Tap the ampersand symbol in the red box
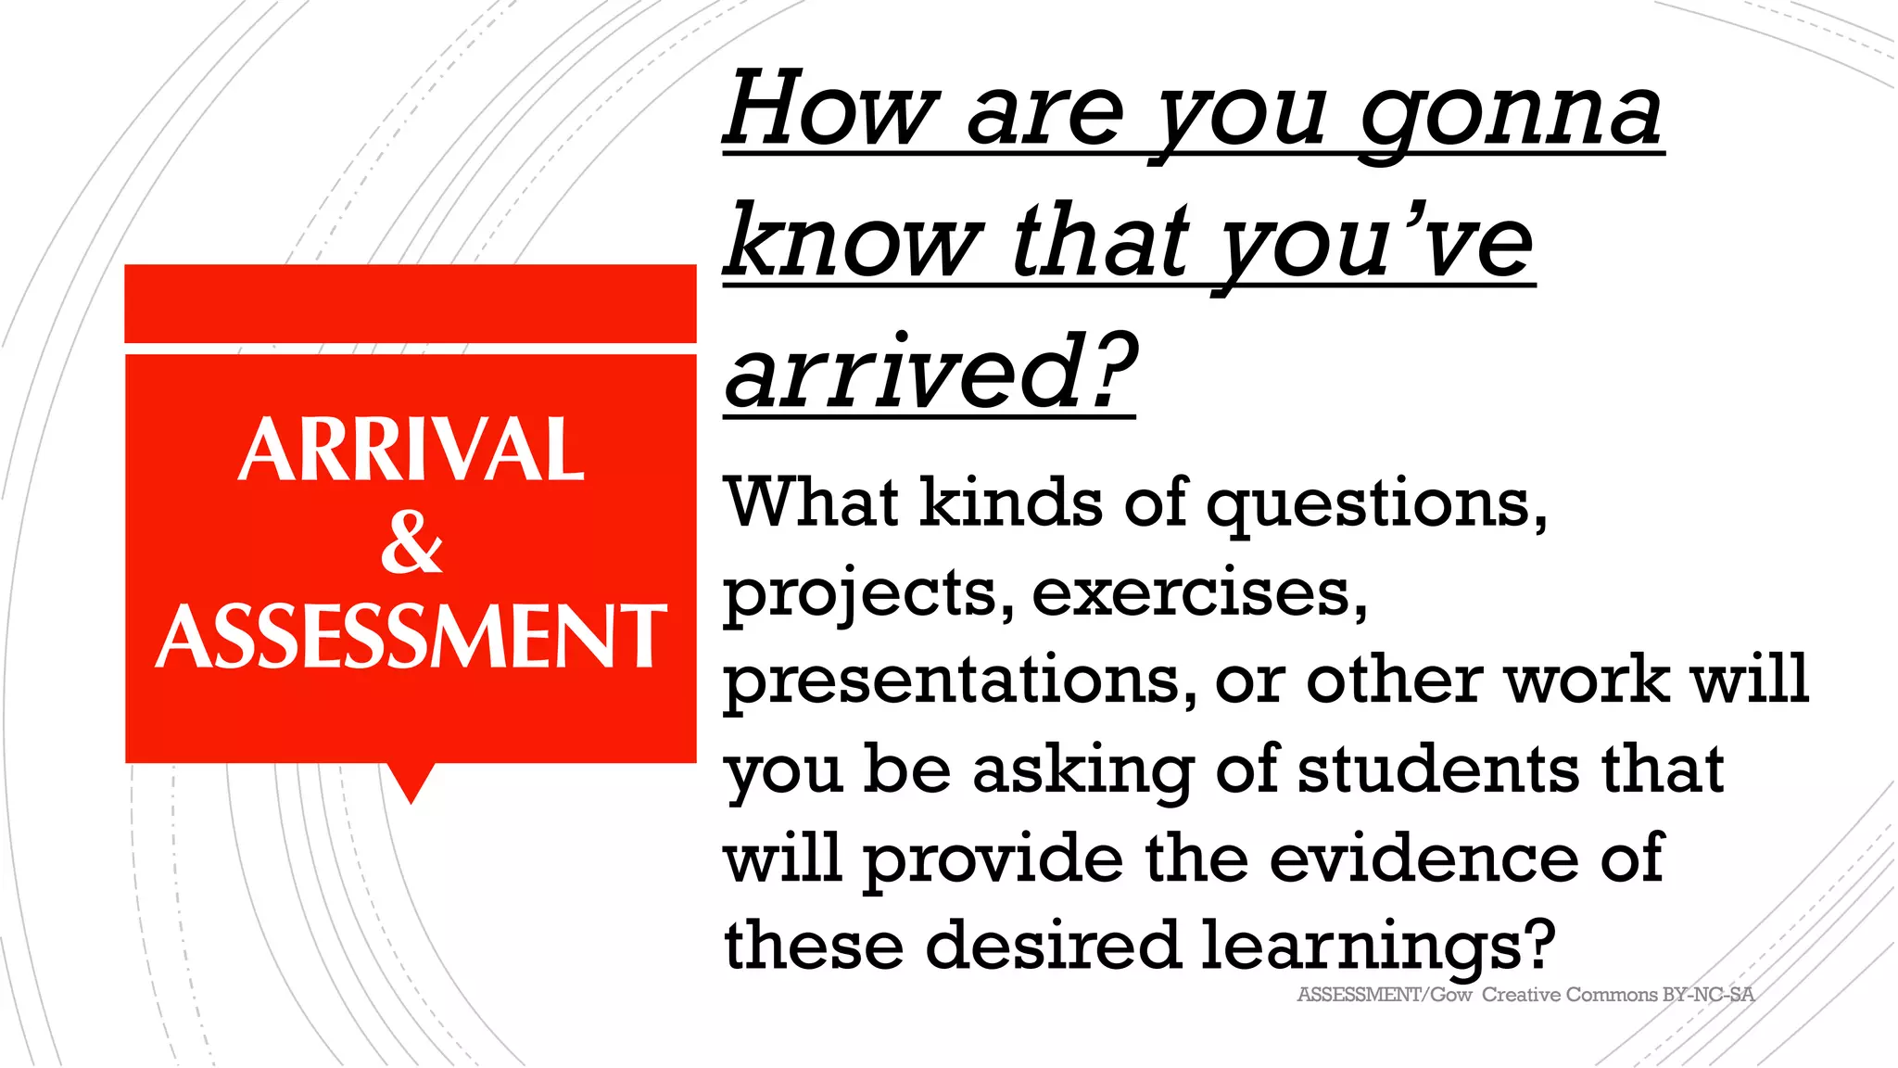click(x=411, y=542)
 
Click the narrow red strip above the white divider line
click(x=411, y=303)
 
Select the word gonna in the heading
click(x=1511, y=116)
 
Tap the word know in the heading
click(x=853, y=243)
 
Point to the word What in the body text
click(x=812, y=502)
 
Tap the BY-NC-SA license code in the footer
click(x=1708, y=995)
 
